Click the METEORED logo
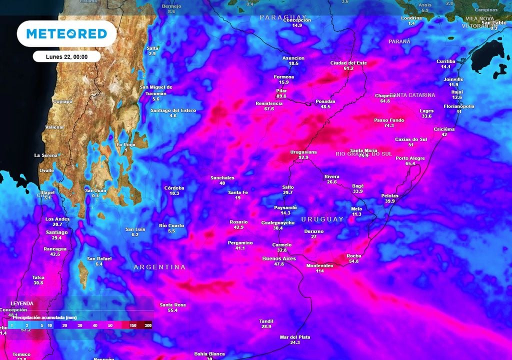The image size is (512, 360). [x=66, y=33]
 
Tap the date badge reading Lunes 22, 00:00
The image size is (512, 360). [x=66, y=56]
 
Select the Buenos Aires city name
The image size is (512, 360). [x=279, y=258]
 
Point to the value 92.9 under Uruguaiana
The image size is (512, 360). [x=303, y=157]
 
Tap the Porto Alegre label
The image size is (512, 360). [x=410, y=158]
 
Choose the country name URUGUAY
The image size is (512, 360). [x=322, y=219]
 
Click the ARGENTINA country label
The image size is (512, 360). [x=159, y=267]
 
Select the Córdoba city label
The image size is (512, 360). [x=174, y=188]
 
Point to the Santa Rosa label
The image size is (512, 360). [x=173, y=304]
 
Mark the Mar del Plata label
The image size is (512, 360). [x=295, y=337]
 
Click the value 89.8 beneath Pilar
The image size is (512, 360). [x=281, y=96]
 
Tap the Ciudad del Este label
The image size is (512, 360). [x=348, y=63]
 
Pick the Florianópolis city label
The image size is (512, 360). [x=459, y=106]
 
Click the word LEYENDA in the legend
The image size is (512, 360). [x=21, y=303]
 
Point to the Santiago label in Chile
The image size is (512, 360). [x=56, y=232]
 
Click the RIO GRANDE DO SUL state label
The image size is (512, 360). [x=363, y=154]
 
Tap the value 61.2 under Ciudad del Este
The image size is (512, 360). [x=348, y=68]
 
